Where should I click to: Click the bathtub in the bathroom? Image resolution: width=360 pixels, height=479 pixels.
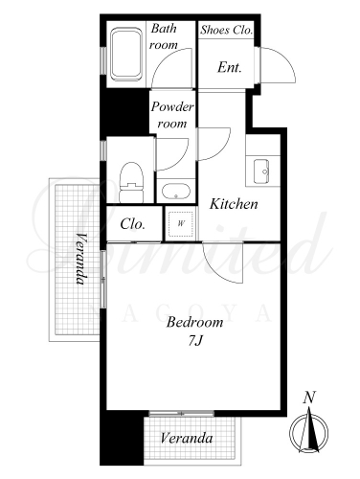[x=126, y=54]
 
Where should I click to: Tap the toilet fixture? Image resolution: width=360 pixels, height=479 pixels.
[x=131, y=182]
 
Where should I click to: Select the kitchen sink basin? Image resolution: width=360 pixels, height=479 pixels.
[x=261, y=171]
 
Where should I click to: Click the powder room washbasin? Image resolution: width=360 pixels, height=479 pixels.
[x=176, y=192]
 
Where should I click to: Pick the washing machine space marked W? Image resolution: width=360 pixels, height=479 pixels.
[x=181, y=223]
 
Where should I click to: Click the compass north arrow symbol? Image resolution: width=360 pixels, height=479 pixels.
[x=308, y=431]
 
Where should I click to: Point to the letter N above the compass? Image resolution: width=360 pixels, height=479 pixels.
[x=309, y=398]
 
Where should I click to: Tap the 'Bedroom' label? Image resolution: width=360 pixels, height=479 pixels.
[x=194, y=322]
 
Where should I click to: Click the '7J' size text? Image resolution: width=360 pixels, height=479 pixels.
[x=195, y=341]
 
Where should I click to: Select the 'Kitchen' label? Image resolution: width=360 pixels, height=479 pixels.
[x=234, y=204]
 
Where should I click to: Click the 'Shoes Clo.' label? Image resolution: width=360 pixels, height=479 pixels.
[x=227, y=30]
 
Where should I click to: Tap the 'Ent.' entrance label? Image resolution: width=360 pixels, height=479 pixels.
[x=230, y=67]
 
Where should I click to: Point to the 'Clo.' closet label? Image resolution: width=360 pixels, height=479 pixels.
[x=133, y=224]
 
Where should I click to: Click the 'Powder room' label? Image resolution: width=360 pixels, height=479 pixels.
[x=172, y=115]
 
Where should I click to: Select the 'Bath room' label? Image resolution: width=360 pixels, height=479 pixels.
[x=164, y=36]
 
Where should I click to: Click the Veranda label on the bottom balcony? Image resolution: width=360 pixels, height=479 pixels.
[x=187, y=438]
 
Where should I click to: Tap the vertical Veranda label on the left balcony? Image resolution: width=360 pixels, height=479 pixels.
[x=81, y=259]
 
